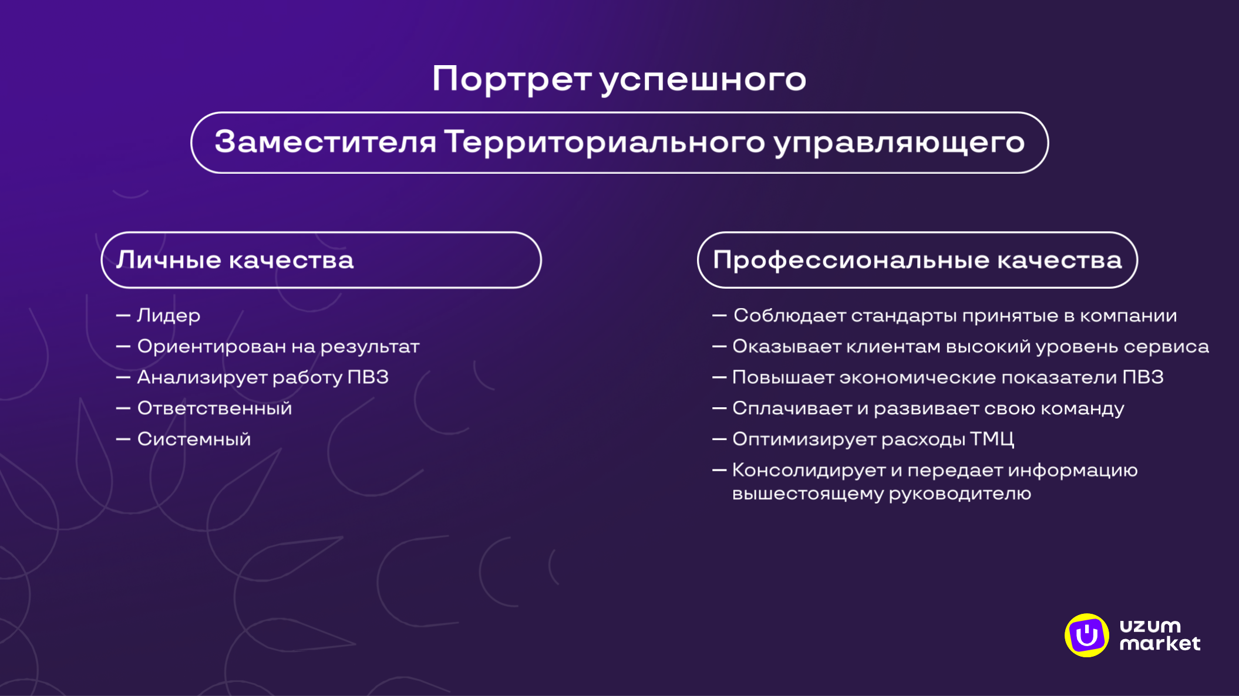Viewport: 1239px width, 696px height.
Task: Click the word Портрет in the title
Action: click(x=511, y=79)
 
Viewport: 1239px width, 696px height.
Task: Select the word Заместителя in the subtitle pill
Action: click(x=325, y=142)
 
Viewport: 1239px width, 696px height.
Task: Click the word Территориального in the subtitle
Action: click(x=604, y=143)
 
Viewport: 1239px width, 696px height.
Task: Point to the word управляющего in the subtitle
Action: click(x=899, y=143)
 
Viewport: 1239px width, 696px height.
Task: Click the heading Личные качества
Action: click(x=235, y=260)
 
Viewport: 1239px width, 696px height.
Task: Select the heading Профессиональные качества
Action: click(x=917, y=260)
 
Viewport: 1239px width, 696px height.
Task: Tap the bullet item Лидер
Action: click(x=169, y=316)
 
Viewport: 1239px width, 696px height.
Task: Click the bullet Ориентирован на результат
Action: click(x=278, y=347)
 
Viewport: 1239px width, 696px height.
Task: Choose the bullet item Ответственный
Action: click(x=214, y=408)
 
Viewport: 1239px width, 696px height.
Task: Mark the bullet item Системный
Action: click(x=194, y=440)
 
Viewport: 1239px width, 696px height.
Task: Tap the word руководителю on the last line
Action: click(x=959, y=494)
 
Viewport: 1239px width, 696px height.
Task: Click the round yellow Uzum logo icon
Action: click(x=1086, y=635)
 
